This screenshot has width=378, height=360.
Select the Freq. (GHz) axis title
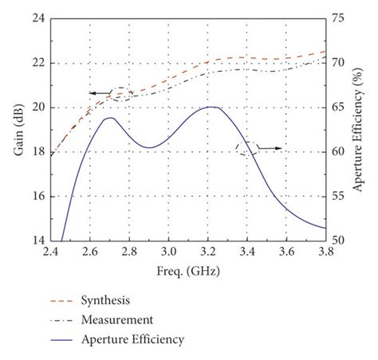click(188, 271)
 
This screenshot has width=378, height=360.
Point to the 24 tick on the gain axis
click(37, 18)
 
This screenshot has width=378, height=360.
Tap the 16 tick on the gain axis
click(37, 196)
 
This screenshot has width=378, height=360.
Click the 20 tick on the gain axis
click(37, 108)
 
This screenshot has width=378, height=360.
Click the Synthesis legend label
click(105, 301)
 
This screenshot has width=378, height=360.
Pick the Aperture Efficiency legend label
click(132, 340)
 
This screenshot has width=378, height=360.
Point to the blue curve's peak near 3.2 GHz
click(210, 107)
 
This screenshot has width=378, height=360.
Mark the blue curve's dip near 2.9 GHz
click(148, 147)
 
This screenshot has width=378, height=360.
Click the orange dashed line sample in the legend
click(61, 301)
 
